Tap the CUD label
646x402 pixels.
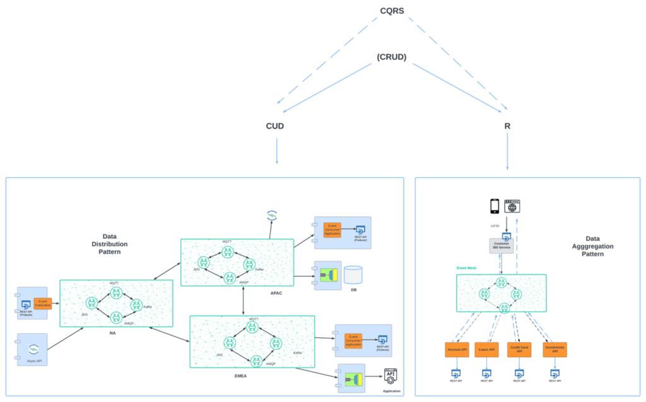pos(275,126)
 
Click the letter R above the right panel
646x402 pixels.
pos(507,126)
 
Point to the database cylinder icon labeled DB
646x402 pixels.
pos(353,275)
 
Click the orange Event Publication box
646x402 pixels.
pos(43,304)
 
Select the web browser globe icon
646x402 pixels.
pos(512,205)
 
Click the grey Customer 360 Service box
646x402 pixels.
pos(502,246)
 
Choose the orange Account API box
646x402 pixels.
pos(457,348)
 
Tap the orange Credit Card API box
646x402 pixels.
pos(520,348)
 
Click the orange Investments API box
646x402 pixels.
pos(554,348)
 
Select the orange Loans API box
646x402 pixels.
pos(487,348)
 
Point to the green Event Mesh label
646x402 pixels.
pos(467,268)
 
